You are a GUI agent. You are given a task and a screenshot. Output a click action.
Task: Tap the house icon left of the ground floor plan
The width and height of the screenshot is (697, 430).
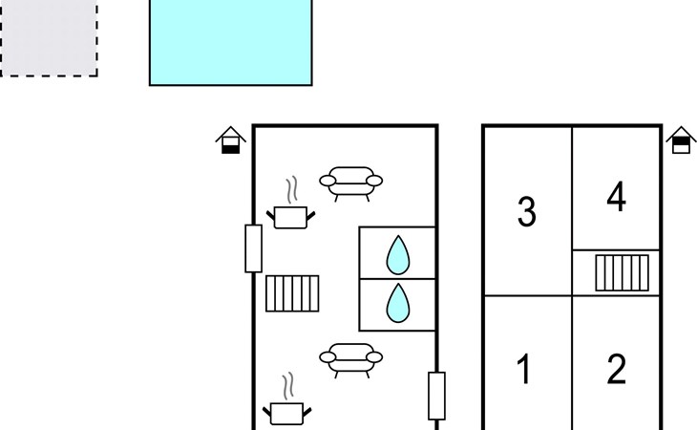229,140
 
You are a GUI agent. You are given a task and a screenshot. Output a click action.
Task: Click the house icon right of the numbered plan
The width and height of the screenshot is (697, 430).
679,140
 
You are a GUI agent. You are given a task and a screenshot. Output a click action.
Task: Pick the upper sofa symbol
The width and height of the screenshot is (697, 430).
350,181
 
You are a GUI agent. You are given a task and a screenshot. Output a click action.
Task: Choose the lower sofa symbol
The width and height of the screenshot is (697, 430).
350,359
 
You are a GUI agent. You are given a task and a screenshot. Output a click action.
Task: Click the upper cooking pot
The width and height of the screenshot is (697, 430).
290,217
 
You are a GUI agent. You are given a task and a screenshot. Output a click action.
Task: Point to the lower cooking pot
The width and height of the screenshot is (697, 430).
286,414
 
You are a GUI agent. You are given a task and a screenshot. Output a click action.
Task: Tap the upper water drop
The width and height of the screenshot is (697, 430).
397,255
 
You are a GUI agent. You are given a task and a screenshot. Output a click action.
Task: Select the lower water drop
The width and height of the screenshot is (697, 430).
397,304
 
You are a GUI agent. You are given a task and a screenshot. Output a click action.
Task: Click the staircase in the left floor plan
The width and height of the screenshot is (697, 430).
292,293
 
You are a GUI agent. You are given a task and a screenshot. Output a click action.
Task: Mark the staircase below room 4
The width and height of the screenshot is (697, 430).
622,272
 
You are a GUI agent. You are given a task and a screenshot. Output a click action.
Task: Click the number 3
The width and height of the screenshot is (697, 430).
526,212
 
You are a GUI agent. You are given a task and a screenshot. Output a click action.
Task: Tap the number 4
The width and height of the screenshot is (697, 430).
616,198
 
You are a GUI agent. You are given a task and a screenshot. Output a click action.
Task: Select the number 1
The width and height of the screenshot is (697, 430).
523,369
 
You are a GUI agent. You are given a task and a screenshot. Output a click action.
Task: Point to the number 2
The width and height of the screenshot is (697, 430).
616,369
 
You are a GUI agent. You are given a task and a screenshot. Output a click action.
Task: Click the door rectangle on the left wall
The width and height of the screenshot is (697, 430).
253,248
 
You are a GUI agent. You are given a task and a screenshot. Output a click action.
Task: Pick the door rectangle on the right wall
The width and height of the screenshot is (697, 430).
436,396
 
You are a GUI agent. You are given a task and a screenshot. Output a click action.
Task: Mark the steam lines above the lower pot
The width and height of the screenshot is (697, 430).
286,386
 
